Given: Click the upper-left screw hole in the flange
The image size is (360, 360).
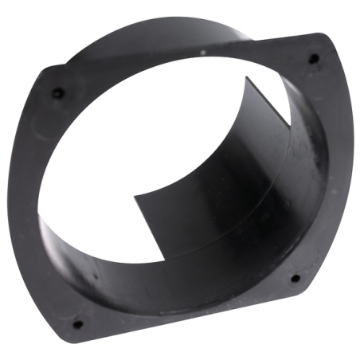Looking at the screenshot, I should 57,93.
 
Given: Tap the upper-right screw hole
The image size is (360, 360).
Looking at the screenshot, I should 313,58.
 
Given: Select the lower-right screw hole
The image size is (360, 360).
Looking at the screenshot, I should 295,279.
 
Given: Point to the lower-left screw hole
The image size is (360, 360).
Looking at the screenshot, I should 77,324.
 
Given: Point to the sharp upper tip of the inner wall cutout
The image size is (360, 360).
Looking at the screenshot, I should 246,77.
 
